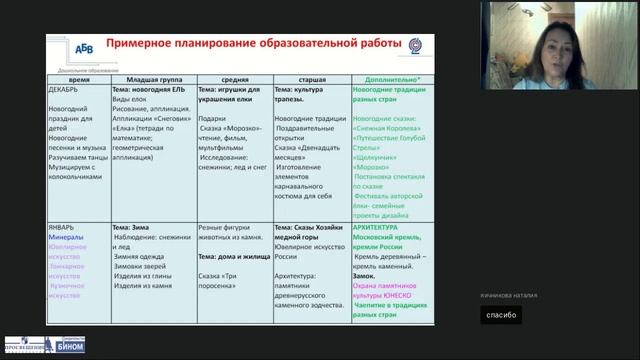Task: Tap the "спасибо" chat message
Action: [x=499, y=314]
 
